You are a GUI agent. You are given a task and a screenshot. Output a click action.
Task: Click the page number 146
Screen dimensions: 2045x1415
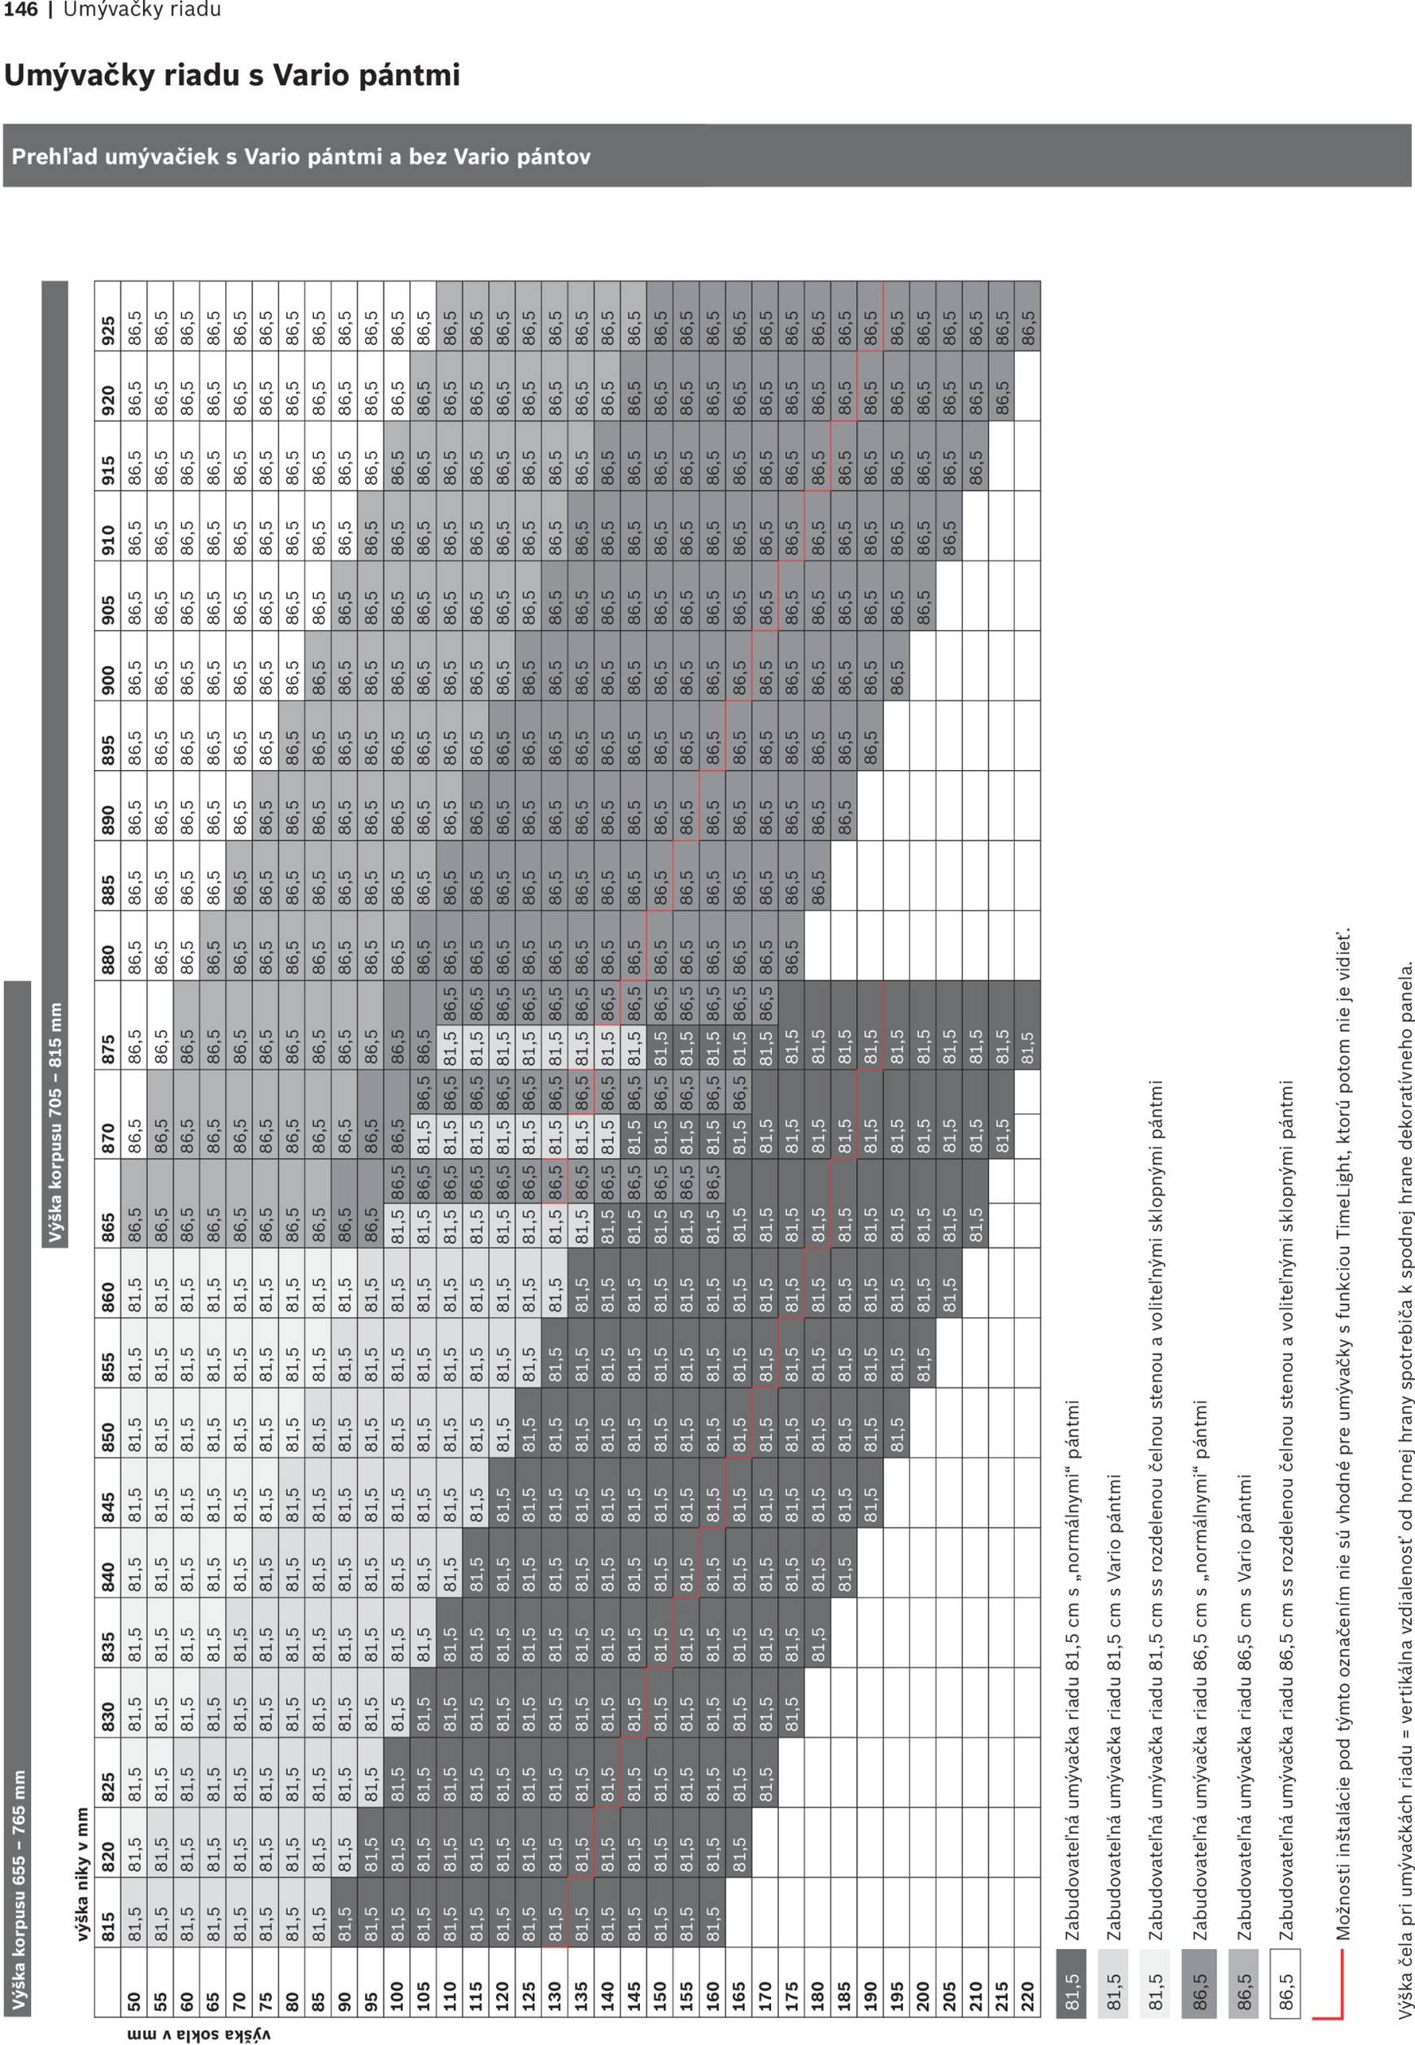(20, 11)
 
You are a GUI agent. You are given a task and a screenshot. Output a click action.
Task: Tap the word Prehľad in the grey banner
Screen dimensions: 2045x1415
(55, 157)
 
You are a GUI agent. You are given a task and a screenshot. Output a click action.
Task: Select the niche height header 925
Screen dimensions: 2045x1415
(108, 316)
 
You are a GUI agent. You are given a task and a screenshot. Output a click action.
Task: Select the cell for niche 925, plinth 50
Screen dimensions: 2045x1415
(134, 316)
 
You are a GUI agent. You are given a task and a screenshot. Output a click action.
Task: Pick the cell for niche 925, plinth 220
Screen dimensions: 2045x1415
(1028, 316)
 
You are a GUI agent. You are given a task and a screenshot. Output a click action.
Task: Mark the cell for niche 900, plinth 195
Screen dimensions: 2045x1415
(896, 665)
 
